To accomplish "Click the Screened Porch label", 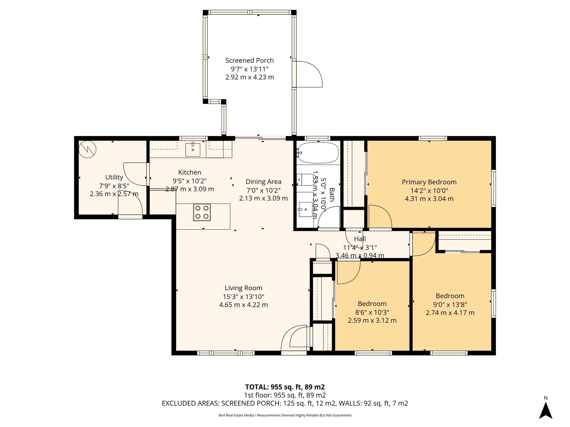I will [249, 61].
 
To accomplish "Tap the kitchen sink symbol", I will [193, 150].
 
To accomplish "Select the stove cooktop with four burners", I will [202, 212].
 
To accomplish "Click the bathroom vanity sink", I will [306, 209].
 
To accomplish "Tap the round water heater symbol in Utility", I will [87, 150].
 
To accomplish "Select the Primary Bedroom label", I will [429, 182].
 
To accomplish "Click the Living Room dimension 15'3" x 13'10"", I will [243, 297].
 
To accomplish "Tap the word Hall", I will [360, 239].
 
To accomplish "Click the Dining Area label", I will [263, 182].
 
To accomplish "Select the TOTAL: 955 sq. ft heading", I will [285, 387].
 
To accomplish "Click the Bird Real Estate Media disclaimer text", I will [285, 415].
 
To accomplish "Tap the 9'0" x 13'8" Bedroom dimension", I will [450, 305].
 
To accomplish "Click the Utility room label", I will [114, 177].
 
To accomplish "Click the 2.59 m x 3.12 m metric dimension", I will [372, 321].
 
